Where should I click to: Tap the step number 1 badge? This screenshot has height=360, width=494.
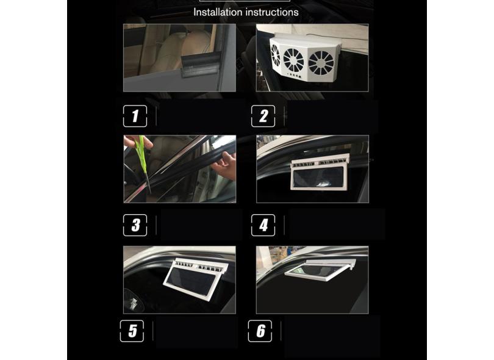click(x=135, y=116)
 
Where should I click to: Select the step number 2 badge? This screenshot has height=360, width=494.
click(x=263, y=116)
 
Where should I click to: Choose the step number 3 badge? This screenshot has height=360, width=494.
click(x=135, y=225)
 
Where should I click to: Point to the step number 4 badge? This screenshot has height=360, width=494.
click(x=263, y=225)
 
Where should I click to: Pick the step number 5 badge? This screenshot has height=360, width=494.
click(x=132, y=331)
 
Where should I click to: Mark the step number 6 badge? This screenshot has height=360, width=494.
click(x=260, y=331)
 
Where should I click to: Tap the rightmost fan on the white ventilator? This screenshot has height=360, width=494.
click(x=321, y=63)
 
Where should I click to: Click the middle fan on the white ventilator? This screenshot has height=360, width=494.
click(x=293, y=60)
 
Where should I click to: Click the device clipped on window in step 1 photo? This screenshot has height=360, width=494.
click(x=200, y=65)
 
